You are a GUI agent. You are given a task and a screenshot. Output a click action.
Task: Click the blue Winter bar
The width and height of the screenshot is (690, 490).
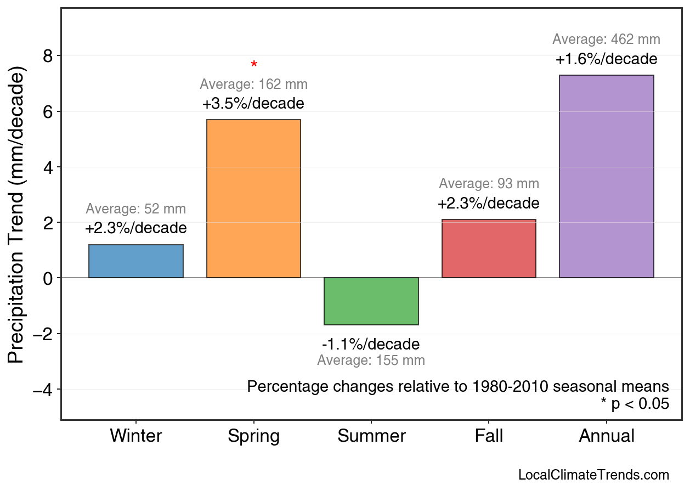point(136,261)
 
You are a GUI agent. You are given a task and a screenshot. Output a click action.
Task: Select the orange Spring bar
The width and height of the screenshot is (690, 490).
point(253,199)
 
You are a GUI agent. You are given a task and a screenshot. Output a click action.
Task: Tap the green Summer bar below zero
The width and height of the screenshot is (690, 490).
point(371,301)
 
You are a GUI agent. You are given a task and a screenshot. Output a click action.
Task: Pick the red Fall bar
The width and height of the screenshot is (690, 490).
point(489,249)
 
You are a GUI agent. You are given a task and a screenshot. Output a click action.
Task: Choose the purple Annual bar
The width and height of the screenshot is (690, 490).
point(606,177)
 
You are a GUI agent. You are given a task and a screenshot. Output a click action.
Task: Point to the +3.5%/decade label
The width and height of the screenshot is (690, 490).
point(253,104)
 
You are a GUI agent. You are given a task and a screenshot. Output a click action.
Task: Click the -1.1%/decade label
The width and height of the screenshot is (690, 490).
point(371,345)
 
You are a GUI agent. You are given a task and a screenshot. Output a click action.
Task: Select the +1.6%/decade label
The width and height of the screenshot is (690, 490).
point(606,59)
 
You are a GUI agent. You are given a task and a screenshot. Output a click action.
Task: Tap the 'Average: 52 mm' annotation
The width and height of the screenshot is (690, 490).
point(136,209)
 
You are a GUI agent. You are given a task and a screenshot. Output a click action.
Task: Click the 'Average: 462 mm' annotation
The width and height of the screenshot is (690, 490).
point(606,40)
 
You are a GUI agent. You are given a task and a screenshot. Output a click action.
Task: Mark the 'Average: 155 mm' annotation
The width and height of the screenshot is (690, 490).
point(371,361)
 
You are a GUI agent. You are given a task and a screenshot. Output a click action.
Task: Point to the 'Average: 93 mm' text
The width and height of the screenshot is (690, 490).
point(489,184)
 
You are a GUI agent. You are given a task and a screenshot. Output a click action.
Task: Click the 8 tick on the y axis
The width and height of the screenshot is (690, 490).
point(48,56)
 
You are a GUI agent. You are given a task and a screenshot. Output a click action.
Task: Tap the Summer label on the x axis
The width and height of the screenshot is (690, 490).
point(371,436)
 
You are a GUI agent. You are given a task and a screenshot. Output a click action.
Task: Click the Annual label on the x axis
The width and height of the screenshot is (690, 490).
point(606,436)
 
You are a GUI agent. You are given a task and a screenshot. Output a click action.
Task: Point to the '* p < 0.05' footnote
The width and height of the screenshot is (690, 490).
point(635,404)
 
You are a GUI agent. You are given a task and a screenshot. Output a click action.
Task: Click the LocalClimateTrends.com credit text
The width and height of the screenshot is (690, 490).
point(593,475)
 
